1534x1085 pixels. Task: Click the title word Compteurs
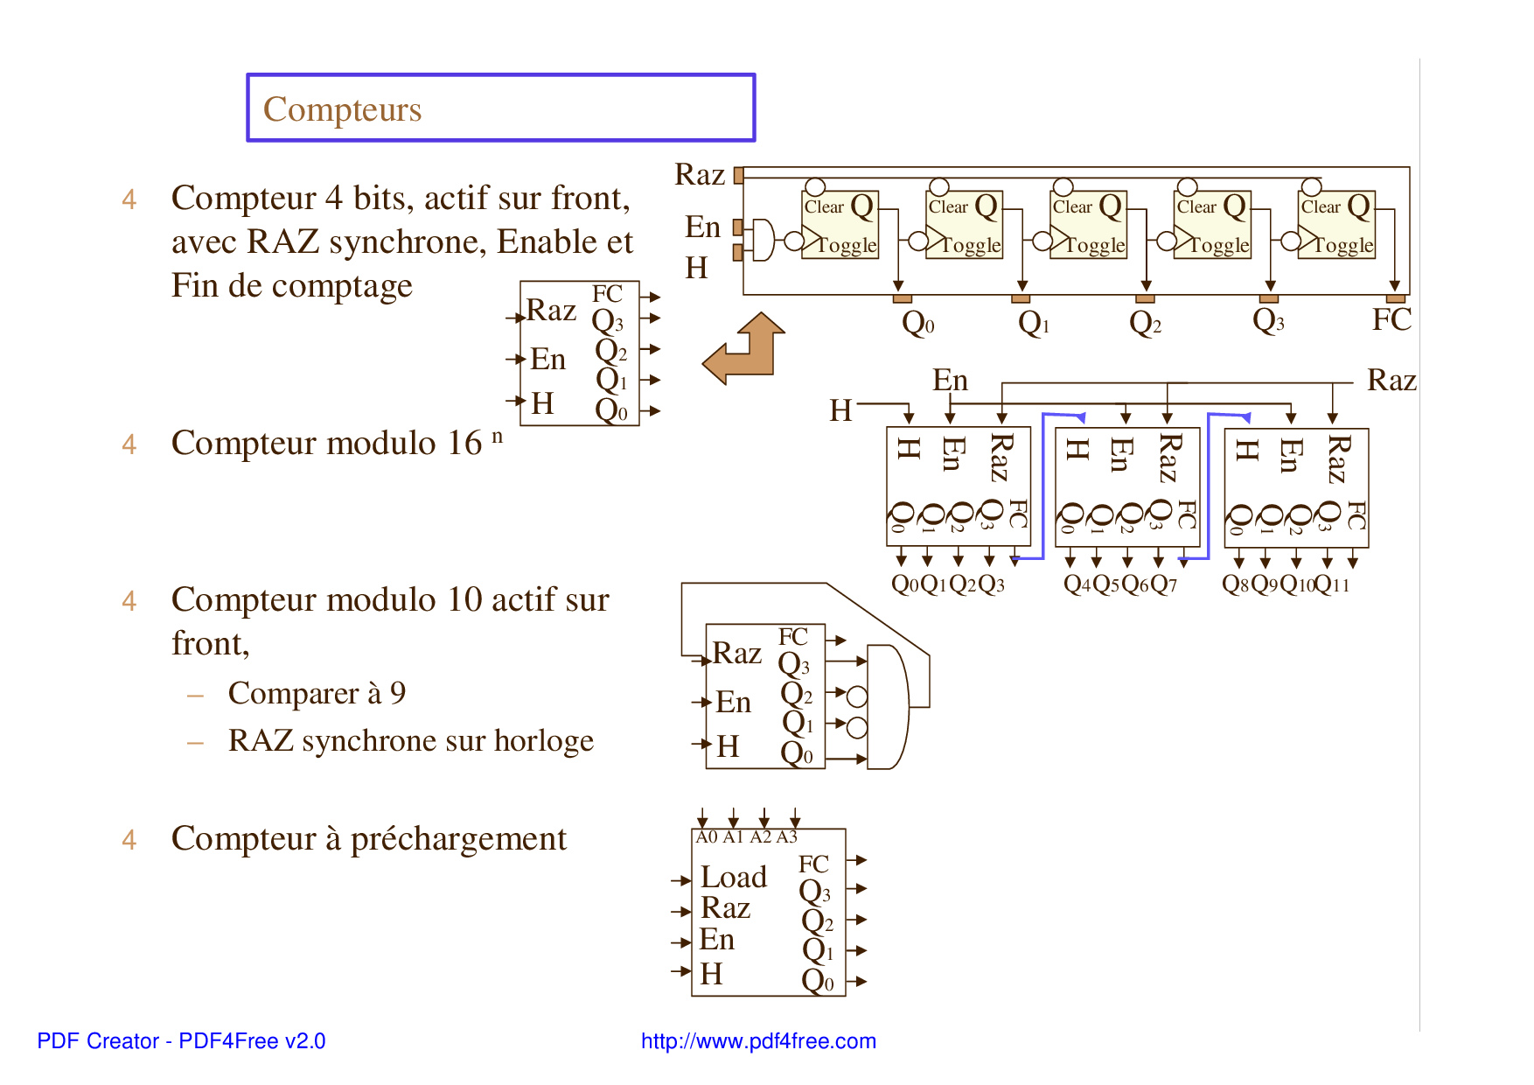[x=342, y=110]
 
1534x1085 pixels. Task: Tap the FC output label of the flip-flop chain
[x=1391, y=320]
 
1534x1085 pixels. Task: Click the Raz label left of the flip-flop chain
[x=700, y=175]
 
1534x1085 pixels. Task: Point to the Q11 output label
[x=1333, y=584]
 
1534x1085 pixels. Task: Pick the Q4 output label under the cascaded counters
[x=1077, y=584]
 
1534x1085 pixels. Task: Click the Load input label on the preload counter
[x=734, y=878]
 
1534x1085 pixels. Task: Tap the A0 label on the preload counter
[x=706, y=837]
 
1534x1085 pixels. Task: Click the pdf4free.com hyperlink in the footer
[x=758, y=1041]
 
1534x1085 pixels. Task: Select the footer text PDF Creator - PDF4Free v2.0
[x=181, y=1041]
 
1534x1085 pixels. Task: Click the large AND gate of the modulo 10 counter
[x=887, y=707]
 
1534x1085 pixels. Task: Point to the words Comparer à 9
[x=317, y=694]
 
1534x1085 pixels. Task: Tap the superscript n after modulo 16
[x=497, y=435]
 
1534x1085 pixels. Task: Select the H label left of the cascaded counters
[x=840, y=410]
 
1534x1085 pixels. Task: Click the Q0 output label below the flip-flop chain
[x=917, y=324]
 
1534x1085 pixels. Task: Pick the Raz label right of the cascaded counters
[x=1391, y=381]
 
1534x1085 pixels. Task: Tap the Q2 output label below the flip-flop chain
[x=1145, y=324]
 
